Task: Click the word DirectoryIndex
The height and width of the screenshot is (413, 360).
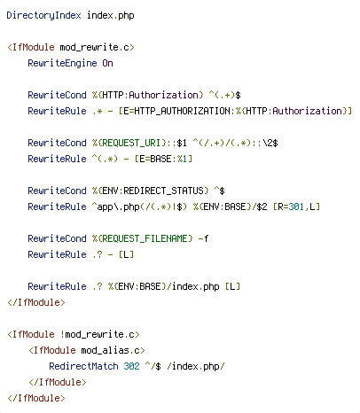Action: pos(43,15)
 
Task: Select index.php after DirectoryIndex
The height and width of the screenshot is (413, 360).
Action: pos(111,15)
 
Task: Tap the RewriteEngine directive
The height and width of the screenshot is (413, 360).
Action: pos(62,63)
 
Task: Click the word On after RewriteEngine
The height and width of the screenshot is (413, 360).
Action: pos(108,63)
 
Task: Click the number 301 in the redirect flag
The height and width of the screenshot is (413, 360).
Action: pos(296,206)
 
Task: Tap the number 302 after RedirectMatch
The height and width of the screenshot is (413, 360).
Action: pos(131,366)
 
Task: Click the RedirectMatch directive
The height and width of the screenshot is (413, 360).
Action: pos(83,366)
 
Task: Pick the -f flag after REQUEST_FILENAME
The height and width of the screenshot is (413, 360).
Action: pos(203,238)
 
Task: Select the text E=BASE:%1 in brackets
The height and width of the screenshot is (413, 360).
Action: pos(163,159)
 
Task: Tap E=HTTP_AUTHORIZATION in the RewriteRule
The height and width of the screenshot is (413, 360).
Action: pos(176,111)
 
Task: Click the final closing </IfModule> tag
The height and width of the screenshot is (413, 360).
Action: pos(36,398)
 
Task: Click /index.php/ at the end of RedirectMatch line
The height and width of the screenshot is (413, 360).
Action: pos(196,366)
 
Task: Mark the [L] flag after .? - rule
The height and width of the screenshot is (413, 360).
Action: pos(126,254)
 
